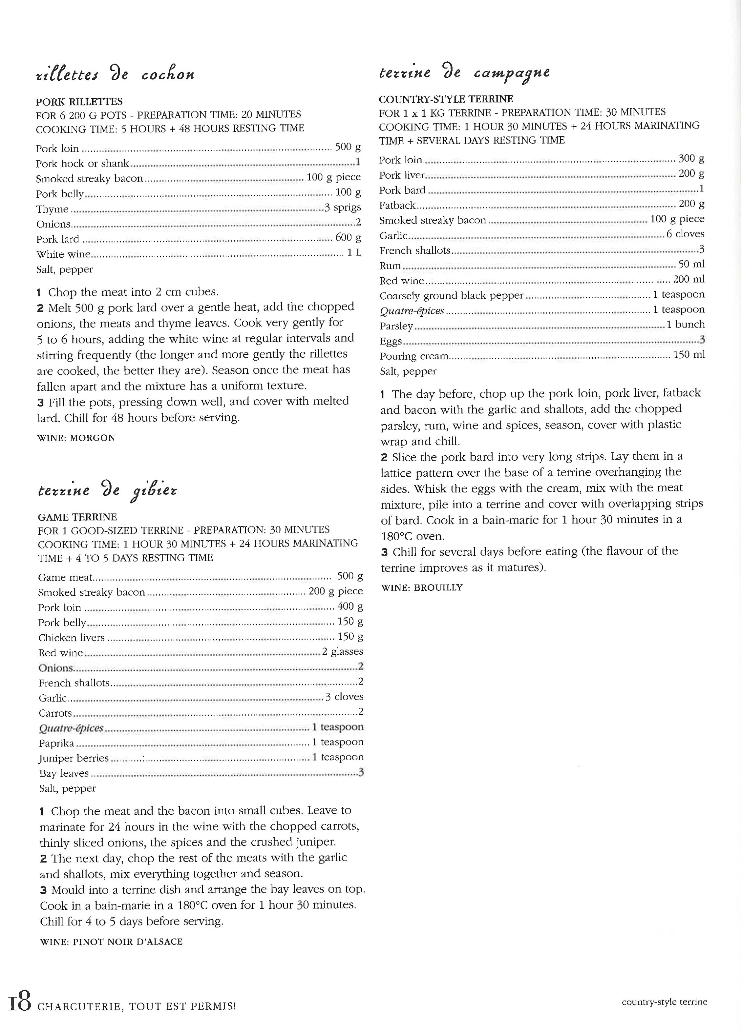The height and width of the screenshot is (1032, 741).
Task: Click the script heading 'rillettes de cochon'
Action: pos(115,74)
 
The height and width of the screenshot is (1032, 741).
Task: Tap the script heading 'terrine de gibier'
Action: pos(108,490)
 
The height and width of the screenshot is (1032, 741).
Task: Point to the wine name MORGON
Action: pos(93,438)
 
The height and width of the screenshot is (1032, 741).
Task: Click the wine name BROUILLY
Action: pos(438,587)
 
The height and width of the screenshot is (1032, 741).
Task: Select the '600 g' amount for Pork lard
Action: pos(348,238)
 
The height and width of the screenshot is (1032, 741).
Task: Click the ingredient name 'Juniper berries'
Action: pos(73,758)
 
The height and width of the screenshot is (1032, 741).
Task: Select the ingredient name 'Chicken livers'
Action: pos(72,638)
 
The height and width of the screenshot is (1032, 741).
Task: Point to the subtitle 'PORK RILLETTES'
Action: pos(79,102)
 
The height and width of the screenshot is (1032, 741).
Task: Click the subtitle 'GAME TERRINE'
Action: pos(77,517)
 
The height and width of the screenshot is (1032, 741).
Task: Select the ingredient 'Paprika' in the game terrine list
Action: pos(56,743)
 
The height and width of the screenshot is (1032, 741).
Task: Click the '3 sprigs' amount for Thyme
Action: pos(343,208)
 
